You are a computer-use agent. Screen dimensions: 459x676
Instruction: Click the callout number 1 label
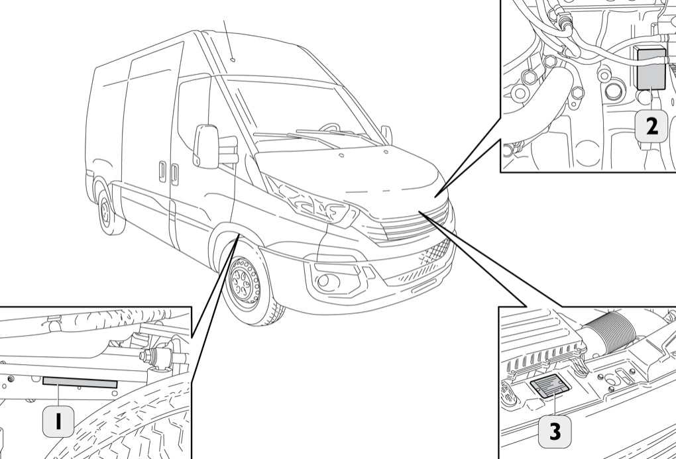(x=58, y=421)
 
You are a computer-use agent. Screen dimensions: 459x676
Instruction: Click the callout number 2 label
(x=652, y=126)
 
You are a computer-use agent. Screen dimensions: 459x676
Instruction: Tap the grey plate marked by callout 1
(x=80, y=382)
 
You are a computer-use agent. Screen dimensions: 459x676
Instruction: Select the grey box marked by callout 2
(x=651, y=69)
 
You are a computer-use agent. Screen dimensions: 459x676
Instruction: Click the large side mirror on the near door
(x=205, y=146)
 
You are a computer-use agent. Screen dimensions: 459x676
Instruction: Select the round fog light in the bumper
(x=325, y=281)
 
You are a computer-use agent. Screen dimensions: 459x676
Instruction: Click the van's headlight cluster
(x=311, y=202)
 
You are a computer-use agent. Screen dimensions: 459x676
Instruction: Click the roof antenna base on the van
(x=233, y=60)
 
